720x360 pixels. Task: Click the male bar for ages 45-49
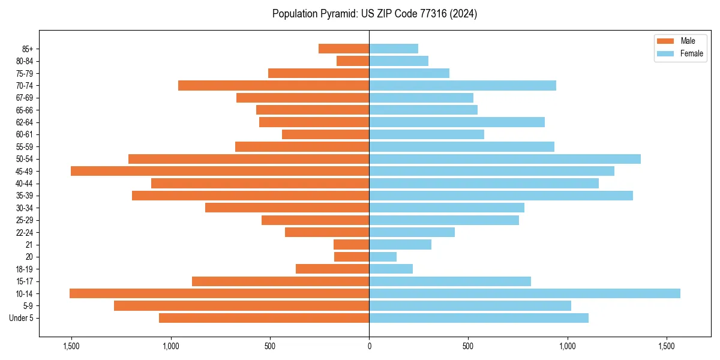coord(220,171)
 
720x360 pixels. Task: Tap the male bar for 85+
coord(344,49)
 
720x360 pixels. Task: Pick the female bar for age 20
coord(383,257)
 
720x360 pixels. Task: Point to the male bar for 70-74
coord(274,85)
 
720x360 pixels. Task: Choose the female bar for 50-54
coord(505,159)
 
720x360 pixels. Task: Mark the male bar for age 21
coord(352,245)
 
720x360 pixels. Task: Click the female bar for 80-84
coord(398,61)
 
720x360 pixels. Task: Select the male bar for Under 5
coord(264,318)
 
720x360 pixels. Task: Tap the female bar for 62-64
coord(457,122)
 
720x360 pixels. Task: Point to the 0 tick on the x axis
coord(369,346)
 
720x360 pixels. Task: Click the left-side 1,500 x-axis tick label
coord(71,346)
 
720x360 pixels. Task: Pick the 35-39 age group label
coord(24,196)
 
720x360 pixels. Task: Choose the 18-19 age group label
coord(24,269)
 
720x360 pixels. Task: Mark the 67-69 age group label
coord(24,98)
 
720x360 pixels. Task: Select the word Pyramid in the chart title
coord(338,14)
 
